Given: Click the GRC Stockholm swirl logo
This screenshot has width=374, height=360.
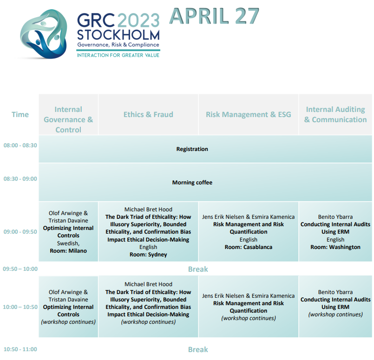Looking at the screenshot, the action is coord(43,33).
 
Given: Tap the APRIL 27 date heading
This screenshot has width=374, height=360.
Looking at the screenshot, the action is coord(214,16).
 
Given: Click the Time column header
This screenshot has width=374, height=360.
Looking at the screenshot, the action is coord(20,115).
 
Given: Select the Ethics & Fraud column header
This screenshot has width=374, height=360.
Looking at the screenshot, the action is coord(148,115).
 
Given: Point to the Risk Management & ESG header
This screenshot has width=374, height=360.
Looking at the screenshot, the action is coord(248,115).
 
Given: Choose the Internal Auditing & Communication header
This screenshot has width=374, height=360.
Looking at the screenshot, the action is coord(335,114).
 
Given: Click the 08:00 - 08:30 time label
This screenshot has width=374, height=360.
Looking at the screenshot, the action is coord(20,145).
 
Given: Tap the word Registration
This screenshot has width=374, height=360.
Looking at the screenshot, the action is coord(192,149).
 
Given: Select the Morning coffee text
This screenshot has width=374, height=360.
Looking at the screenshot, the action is coord(192,183).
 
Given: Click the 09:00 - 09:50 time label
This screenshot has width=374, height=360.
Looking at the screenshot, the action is coord(20,232).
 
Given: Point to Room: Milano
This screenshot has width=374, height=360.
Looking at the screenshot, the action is coord(68,251).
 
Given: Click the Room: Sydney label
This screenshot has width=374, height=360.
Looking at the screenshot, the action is coord(148,255).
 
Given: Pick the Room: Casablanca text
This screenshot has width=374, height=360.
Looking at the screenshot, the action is coord(248,247).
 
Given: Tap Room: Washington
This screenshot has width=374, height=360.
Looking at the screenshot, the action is coord(335,247).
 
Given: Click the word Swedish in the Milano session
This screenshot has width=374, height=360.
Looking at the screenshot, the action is coord(67,243).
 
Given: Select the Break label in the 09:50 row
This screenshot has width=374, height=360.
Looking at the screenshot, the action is coord(198,269).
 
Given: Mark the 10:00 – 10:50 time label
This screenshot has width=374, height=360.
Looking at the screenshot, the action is coord(20,307).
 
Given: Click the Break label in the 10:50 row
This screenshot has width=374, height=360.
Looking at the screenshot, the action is coord(198,349).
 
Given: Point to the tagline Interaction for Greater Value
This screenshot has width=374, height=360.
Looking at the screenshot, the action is coord(118,55).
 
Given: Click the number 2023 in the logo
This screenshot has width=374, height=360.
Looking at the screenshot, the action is coord(138,20).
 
